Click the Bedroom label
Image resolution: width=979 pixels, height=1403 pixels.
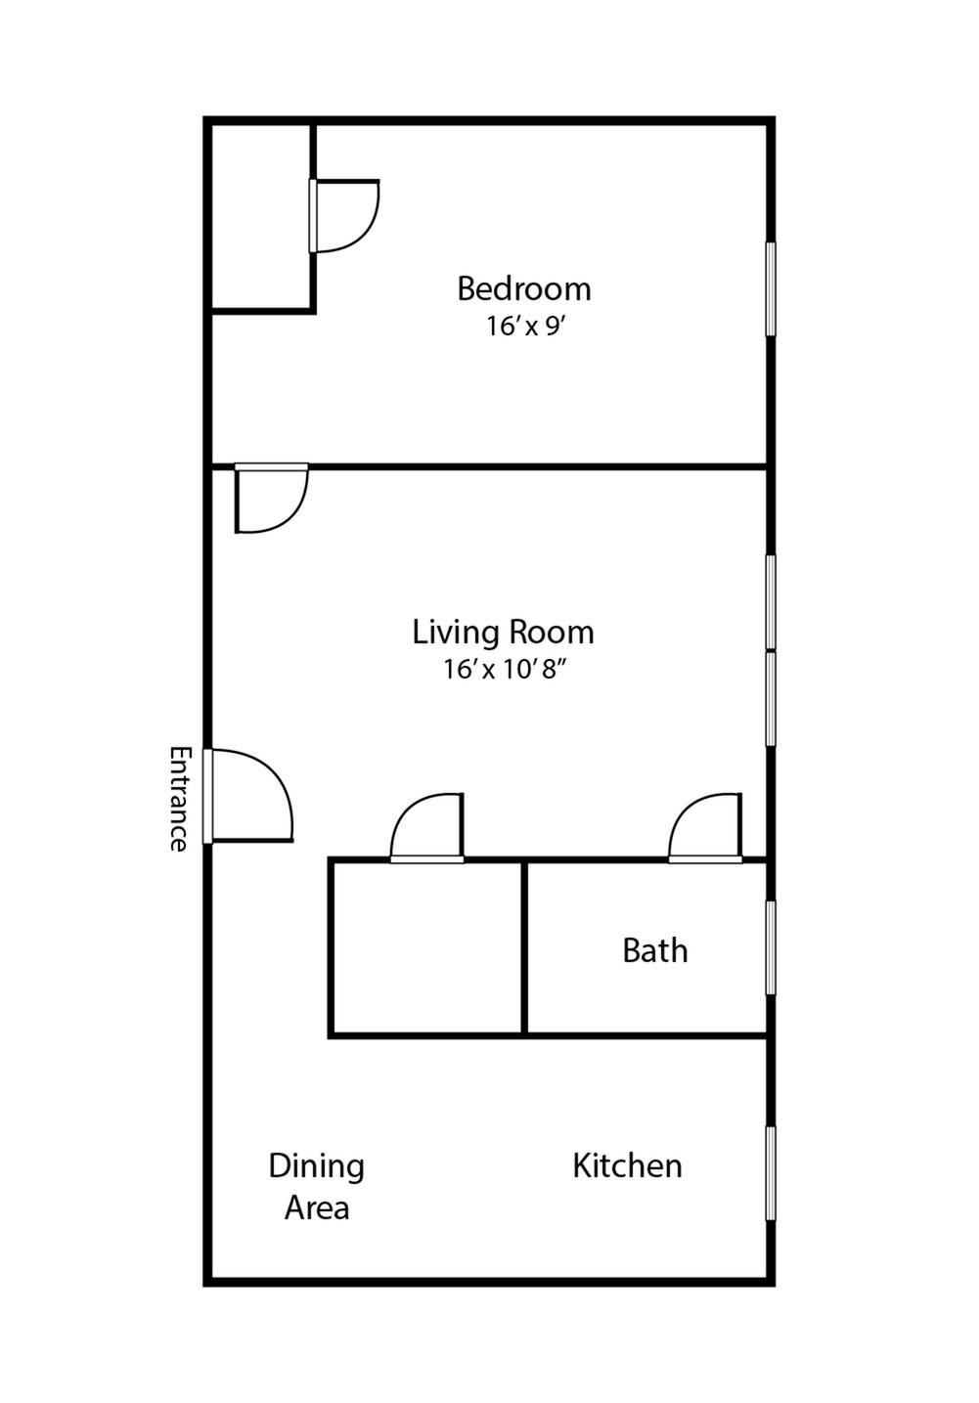[524, 289]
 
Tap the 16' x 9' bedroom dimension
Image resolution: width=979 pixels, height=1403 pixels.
[526, 327]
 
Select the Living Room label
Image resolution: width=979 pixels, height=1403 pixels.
[503, 633]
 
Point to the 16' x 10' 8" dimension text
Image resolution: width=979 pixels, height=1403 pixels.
[504, 670]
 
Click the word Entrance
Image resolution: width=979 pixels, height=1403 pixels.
[178, 799]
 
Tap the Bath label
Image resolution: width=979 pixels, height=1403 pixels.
[654, 950]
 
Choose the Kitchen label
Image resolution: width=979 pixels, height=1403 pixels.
[627, 1165]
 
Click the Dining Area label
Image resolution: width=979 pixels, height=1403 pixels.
[317, 1187]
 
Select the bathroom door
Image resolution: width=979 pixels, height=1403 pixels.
[706, 829]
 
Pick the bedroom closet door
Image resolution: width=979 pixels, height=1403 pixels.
[343, 215]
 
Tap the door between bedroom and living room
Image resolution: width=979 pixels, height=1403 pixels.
[271, 499]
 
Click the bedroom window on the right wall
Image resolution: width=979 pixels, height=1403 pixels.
[771, 289]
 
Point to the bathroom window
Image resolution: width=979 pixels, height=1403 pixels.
[771, 947]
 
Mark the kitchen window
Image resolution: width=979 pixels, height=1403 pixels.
[771, 1173]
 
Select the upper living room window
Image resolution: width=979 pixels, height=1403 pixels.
[771, 602]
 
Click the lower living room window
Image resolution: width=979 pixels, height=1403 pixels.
[771, 698]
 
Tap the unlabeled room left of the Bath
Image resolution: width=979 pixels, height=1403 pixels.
[427, 947]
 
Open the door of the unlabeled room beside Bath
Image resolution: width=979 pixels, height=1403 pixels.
[427, 829]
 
